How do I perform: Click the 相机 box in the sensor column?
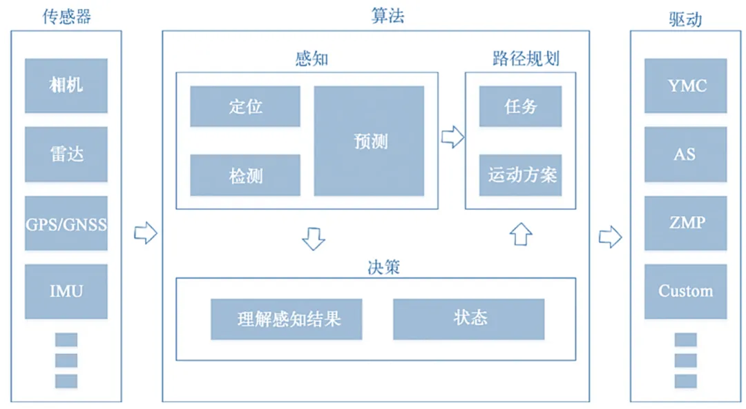pyautogui.click(x=66, y=86)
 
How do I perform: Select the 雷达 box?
pyautogui.click(x=66, y=154)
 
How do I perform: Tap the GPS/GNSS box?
pyautogui.click(x=66, y=223)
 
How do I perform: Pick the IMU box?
pyautogui.click(x=66, y=291)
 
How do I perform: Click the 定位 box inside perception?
pyautogui.click(x=245, y=106)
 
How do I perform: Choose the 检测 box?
pyautogui.click(x=245, y=175)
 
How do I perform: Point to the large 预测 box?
pyautogui.click(x=369, y=141)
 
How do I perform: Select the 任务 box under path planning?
pyautogui.click(x=520, y=106)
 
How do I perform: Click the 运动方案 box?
pyautogui.click(x=520, y=175)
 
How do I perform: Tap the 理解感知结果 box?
pyautogui.click(x=287, y=319)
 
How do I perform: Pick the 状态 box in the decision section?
pyautogui.click(x=469, y=319)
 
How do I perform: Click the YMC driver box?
pyautogui.click(x=686, y=86)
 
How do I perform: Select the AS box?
pyautogui.click(x=686, y=154)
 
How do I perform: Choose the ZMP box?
pyautogui.click(x=686, y=223)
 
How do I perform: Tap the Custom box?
pyautogui.click(x=686, y=291)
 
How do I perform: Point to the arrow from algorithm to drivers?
pyautogui.click(x=610, y=237)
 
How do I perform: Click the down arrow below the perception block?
pyautogui.click(x=314, y=238)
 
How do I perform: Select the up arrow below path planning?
pyautogui.click(x=521, y=234)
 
